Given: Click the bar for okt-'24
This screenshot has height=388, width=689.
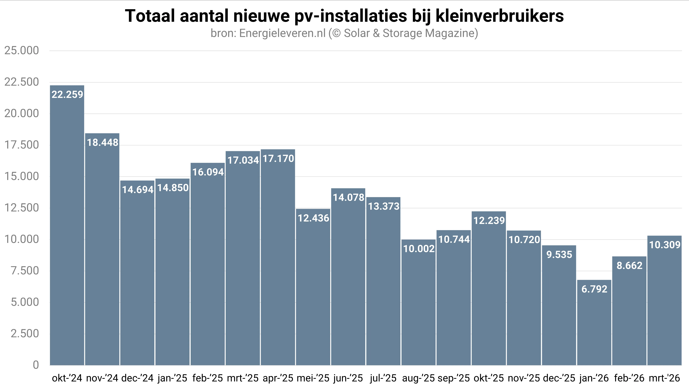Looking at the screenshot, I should coord(67,225).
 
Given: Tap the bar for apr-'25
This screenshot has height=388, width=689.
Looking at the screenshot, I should coord(278,257).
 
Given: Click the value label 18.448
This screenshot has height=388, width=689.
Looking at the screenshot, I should coord(102,143).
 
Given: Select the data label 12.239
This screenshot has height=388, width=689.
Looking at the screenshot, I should coord(489,221).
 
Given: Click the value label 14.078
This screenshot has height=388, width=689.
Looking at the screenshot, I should coord(348,197).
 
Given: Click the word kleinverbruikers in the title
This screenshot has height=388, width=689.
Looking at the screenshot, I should coord(500,16).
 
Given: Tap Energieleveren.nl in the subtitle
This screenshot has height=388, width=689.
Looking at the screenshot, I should coord(282,33).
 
